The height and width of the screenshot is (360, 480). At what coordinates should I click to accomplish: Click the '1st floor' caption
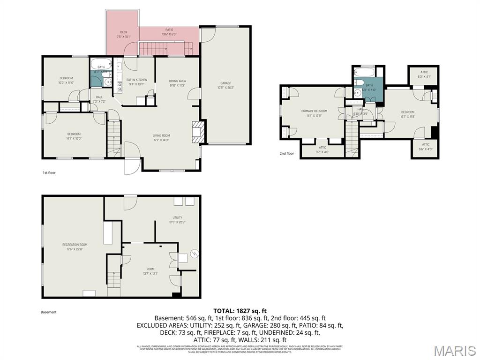coord(49,172)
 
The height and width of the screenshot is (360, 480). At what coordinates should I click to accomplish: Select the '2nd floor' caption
coord(287,153)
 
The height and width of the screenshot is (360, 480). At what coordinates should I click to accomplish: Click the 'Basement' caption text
coord(49,312)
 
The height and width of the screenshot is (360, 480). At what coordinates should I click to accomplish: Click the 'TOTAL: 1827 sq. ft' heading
coord(240,310)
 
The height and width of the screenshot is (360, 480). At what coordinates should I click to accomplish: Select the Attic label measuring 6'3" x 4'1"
coord(424,74)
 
